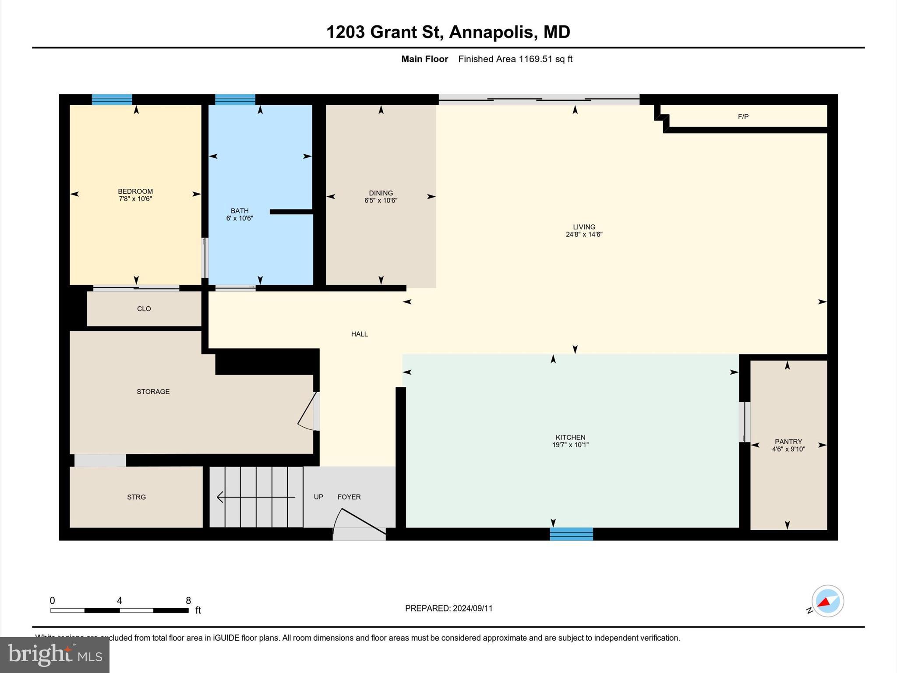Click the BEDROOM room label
[135, 191]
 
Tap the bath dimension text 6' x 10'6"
[240, 218]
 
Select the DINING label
[381, 193]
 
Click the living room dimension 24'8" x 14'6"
[584, 234]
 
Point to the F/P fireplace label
[743, 117]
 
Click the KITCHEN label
[570, 437]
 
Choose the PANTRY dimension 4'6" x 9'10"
[788, 449]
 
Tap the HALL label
[359, 334]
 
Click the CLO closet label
[144, 309]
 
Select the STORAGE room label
[153, 392]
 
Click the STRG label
[136, 497]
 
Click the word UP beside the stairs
[318, 497]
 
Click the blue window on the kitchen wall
[571, 534]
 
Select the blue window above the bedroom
[112, 99]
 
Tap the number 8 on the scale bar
[188, 601]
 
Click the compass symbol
[827, 601]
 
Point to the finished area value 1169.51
[535, 59]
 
